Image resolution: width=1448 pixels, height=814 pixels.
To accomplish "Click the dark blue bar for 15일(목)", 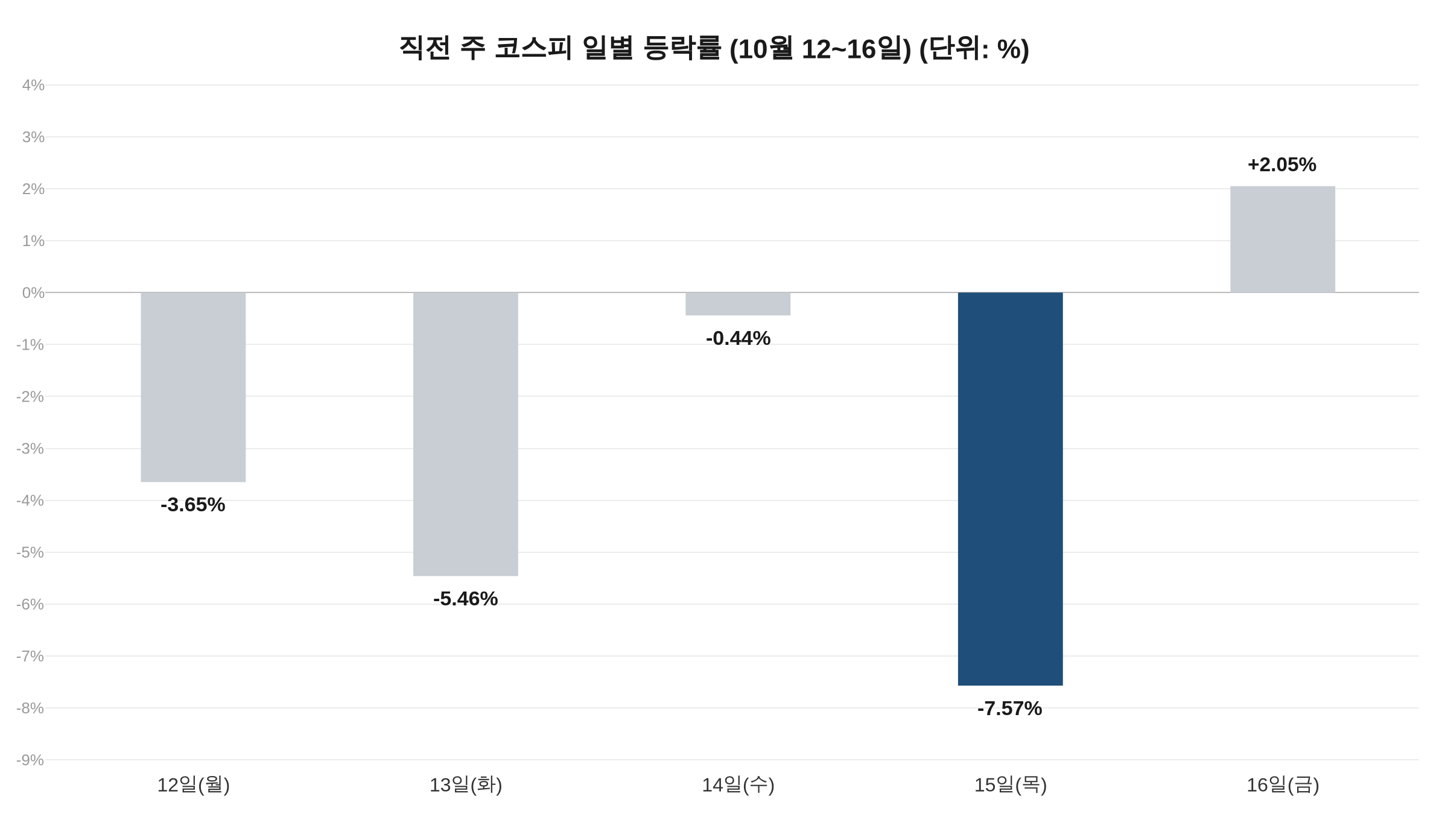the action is tap(1010, 488).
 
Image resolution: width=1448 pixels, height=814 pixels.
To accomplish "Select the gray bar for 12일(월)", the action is tap(193, 387).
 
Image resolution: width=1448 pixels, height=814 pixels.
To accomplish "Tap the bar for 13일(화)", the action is tap(466, 434).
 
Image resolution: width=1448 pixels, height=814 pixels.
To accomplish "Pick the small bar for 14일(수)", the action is tap(738, 304).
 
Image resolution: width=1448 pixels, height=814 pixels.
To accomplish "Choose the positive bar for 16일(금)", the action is tap(1283, 239).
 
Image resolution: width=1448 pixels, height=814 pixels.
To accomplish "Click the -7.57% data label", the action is tap(1009, 708).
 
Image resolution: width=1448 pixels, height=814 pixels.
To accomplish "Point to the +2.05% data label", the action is tap(1282, 165).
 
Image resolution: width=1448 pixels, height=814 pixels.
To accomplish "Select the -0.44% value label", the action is tap(738, 338).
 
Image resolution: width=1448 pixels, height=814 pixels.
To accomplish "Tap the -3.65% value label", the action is tap(192, 505).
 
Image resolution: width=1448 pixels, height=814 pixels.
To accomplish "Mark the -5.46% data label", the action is tap(465, 599).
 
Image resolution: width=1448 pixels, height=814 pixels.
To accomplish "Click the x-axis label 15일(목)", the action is tap(1011, 785).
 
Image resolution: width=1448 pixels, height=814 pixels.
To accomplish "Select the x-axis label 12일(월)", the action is tap(193, 785).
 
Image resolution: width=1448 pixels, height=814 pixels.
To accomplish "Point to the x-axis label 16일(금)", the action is tap(1283, 785).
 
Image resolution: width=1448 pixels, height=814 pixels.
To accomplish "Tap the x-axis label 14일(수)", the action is tap(738, 785).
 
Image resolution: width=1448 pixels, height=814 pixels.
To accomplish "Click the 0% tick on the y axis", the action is tap(33, 293).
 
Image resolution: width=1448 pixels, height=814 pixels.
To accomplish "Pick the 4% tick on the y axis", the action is tap(33, 85).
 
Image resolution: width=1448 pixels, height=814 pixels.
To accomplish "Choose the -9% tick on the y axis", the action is tap(30, 760).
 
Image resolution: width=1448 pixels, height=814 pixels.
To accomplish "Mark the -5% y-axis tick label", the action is tap(30, 552).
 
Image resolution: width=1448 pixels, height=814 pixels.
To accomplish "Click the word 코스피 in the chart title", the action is tap(533, 48).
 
